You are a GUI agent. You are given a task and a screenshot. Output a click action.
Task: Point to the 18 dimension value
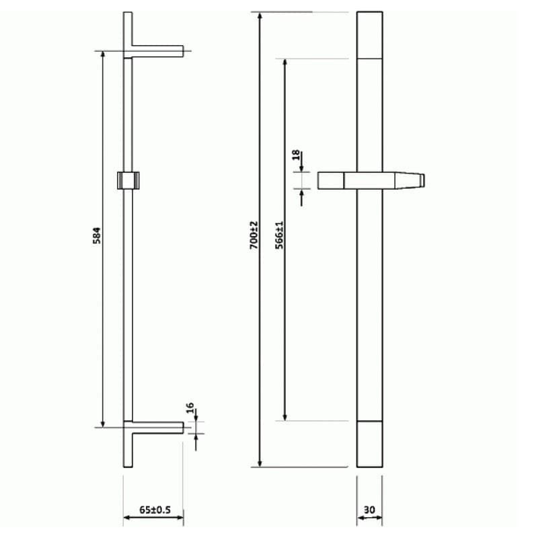pos(296,156)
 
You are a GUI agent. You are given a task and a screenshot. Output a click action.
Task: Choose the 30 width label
pos(369,510)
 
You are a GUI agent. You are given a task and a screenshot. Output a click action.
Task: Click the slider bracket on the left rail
pos(128,180)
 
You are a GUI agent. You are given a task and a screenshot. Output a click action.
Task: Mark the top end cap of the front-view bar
pos(369,35)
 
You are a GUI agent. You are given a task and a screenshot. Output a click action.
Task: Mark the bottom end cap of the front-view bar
pos(369,444)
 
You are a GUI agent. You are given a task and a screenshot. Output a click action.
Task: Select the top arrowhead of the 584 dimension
pos(102,54)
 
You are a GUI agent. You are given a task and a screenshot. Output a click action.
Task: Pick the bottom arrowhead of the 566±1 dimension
pos(285,417)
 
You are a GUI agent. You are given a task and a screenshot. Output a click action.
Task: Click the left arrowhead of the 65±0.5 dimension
pos(126,518)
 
